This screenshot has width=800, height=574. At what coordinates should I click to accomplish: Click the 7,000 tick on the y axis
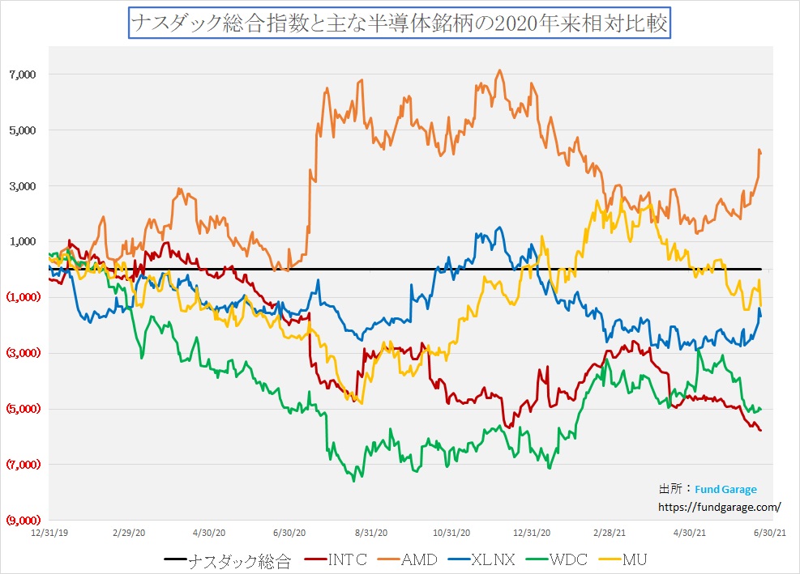pyautogui.click(x=22, y=74)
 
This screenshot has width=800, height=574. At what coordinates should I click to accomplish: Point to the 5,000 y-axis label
pyautogui.click(x=22, y=130)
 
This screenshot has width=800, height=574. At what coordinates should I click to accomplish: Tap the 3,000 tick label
pyautogui.click(x=22, y=186)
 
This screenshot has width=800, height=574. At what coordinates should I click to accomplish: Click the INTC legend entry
pyautogui.click(x=349, y=559)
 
